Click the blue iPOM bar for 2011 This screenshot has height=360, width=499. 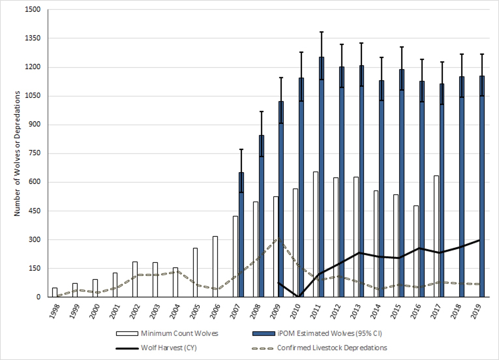coord(322,177)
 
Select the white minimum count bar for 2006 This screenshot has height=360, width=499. coord(215,267)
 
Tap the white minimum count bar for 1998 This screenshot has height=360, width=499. coord(55,292)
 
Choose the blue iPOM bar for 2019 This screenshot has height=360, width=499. coord(482,186)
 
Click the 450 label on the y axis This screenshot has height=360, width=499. coord(34,211)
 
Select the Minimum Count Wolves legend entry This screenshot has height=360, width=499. coord(179,333)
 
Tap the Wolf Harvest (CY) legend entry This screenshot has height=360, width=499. coord(169,348)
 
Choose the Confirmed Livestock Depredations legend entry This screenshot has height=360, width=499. coord(332,348)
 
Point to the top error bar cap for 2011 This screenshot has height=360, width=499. coord(322,32)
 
